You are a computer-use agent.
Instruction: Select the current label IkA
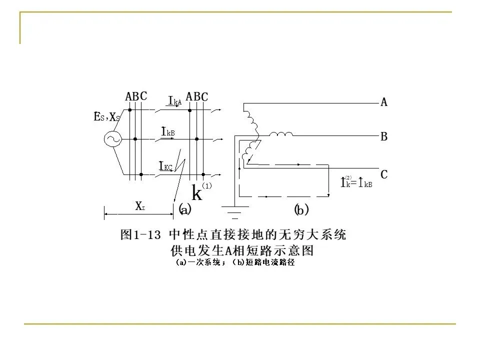[x=174, y=101]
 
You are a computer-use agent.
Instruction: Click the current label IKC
[x=165, y=166]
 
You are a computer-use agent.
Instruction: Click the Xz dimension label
[x=140, y=205]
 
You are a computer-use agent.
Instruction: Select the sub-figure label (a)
[x=185, y=210]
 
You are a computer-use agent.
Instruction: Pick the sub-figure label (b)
[x=301, y=210]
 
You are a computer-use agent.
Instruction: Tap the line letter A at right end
[x=384, y=102]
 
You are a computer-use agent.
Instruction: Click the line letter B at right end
[x=384, y=136]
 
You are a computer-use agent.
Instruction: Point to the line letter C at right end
[x=384, y=175]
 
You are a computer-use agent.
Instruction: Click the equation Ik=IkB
[x=356, y=183]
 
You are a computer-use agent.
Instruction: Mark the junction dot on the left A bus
[x=129, y=108]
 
